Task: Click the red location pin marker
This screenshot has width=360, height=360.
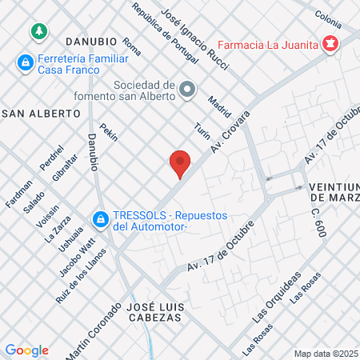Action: [181, 164]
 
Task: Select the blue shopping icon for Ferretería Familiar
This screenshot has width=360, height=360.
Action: [26, 62]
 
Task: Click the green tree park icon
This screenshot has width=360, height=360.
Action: [38, 31]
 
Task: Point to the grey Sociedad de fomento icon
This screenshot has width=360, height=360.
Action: [187, 89]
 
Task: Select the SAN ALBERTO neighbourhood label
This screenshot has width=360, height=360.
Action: [42, 114]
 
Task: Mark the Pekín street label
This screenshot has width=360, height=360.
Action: [108, 134]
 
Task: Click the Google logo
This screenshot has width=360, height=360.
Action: [26, 350]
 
